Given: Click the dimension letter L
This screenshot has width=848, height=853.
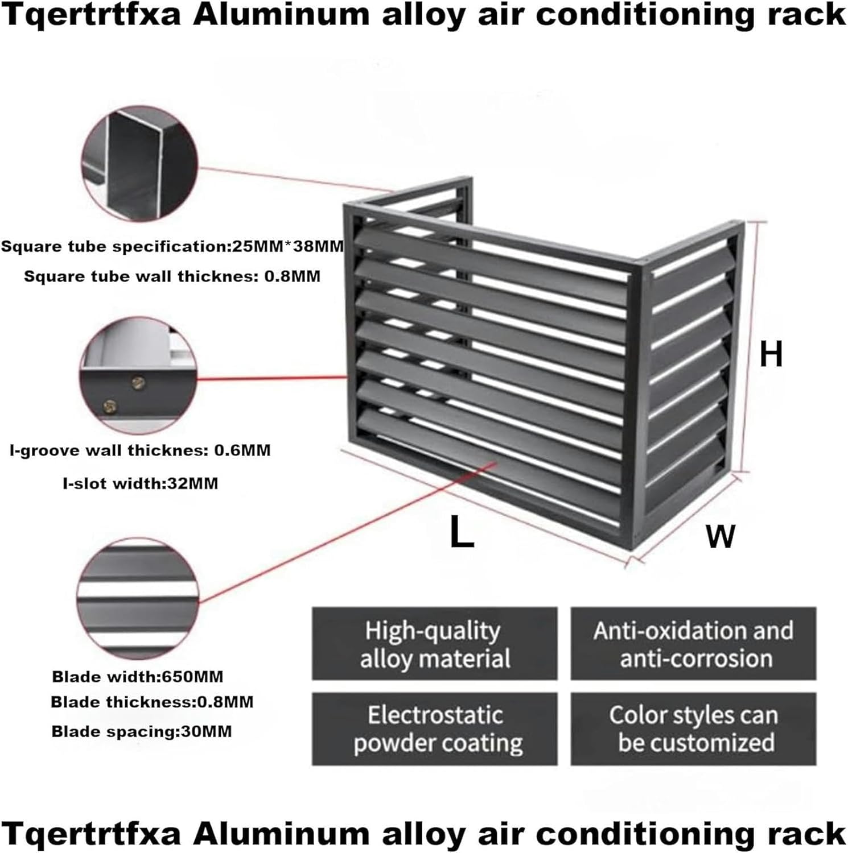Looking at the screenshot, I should coord(462,531).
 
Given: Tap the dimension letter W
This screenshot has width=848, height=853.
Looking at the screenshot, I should coord(720,536).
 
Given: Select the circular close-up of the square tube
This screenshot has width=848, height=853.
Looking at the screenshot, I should coord(139,163).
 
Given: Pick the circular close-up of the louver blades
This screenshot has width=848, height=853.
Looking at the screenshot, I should coord(138,598).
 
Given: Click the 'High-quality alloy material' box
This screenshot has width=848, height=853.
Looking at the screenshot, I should coord(434,644).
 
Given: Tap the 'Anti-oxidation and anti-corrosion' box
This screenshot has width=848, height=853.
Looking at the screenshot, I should coord(693,644).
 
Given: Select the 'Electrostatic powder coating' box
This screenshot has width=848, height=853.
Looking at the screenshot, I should coord(434,728).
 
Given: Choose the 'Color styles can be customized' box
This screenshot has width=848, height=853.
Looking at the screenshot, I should coord(693,728).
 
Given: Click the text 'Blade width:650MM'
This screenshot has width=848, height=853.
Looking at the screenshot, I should coord(138,677).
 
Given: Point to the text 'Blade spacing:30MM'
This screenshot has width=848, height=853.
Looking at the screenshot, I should coord(142,731).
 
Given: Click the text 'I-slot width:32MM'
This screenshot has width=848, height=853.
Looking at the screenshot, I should coord(140,483).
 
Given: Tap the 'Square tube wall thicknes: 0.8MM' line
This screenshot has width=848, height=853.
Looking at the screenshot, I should coord(172,276).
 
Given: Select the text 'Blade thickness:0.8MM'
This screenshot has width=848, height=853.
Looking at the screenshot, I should coord(152,702).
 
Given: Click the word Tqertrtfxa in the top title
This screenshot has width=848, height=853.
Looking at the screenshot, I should coord(92,15).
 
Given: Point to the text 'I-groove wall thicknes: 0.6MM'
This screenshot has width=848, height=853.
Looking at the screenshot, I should coord(140,450).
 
